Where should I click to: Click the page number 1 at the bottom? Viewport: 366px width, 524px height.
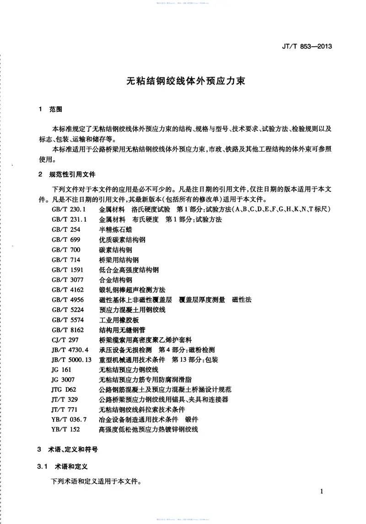click(x=322, y=491)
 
